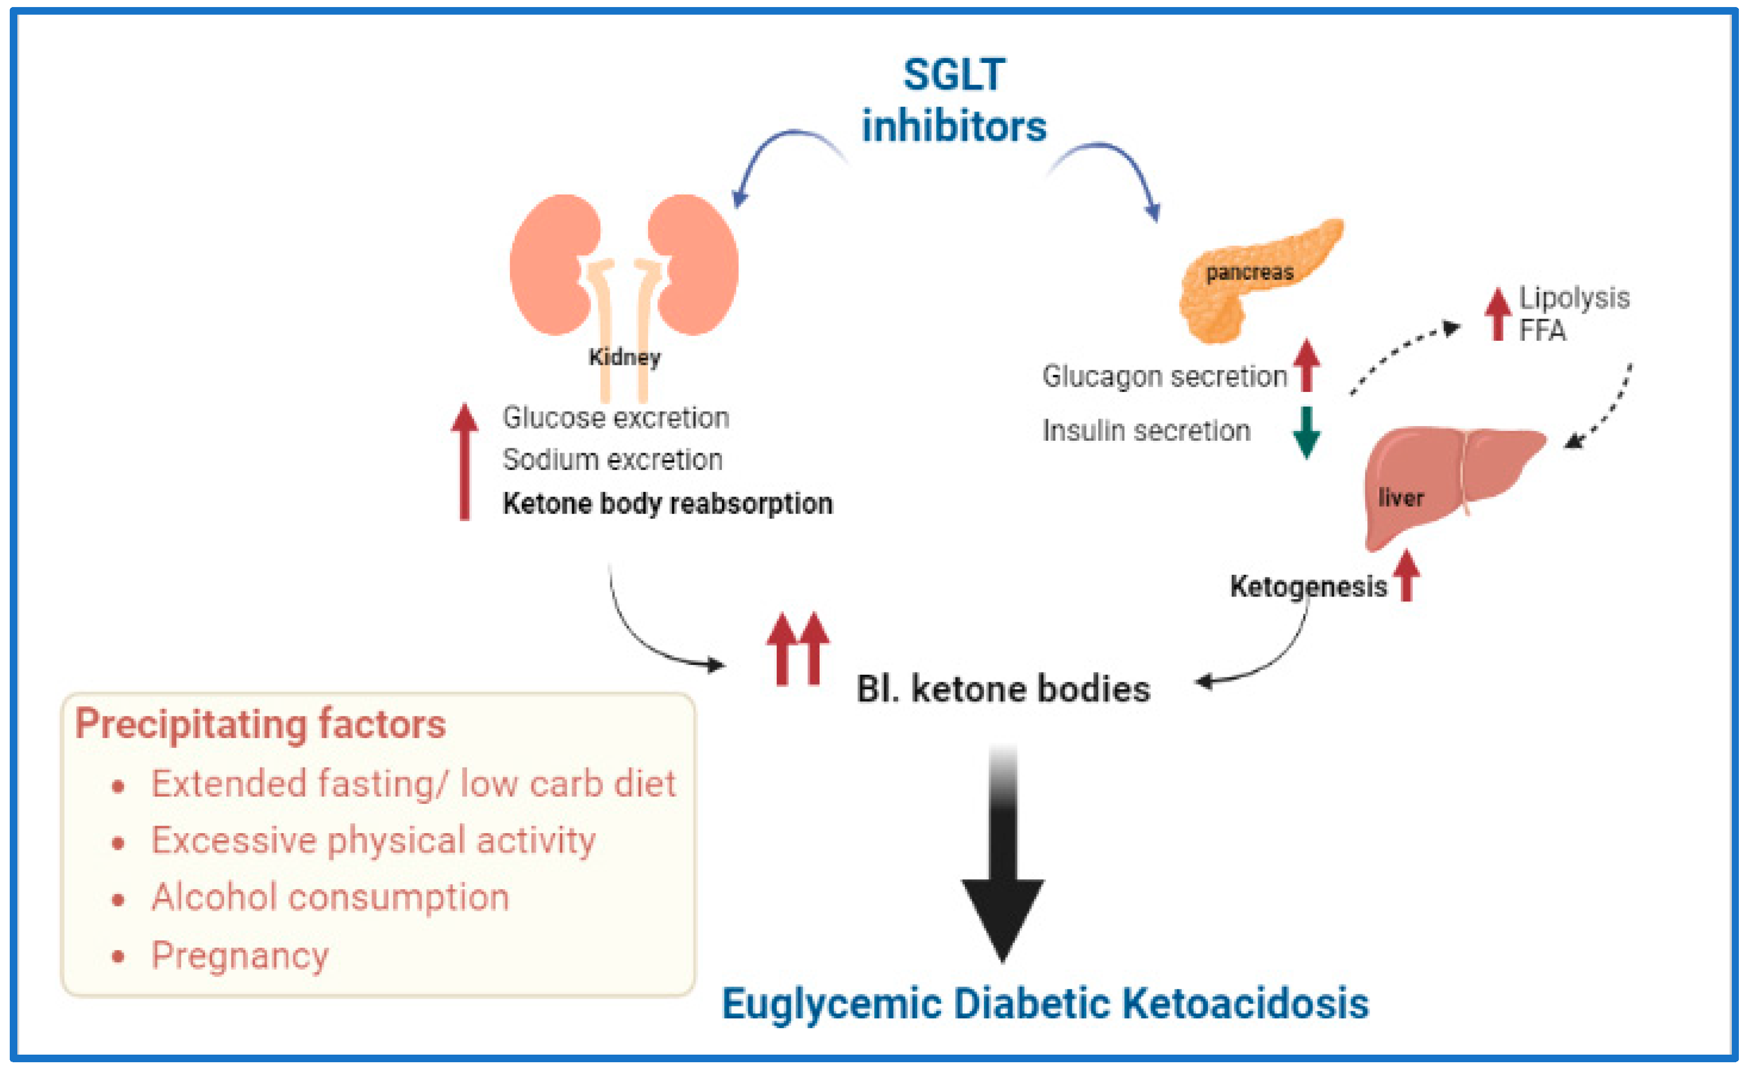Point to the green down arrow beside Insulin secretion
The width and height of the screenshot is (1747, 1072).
tap(1306, 432)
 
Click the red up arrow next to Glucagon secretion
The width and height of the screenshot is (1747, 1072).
tap(1306, 365)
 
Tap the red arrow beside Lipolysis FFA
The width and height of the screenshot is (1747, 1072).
tap(1498, 314)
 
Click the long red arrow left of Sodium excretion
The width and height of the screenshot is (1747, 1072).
tap(464, 461)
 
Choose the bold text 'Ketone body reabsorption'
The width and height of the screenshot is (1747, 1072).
tap(667, 504)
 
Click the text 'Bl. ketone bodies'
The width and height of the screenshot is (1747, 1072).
tap(1002, 689)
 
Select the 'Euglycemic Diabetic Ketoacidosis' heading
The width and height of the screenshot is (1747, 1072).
tap(1045, 1004)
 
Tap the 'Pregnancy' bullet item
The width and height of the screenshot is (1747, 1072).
tap(240, 955)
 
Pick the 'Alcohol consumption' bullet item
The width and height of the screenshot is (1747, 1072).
tap(330, 897)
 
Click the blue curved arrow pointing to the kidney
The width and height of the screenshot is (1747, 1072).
tap(780, 153)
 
